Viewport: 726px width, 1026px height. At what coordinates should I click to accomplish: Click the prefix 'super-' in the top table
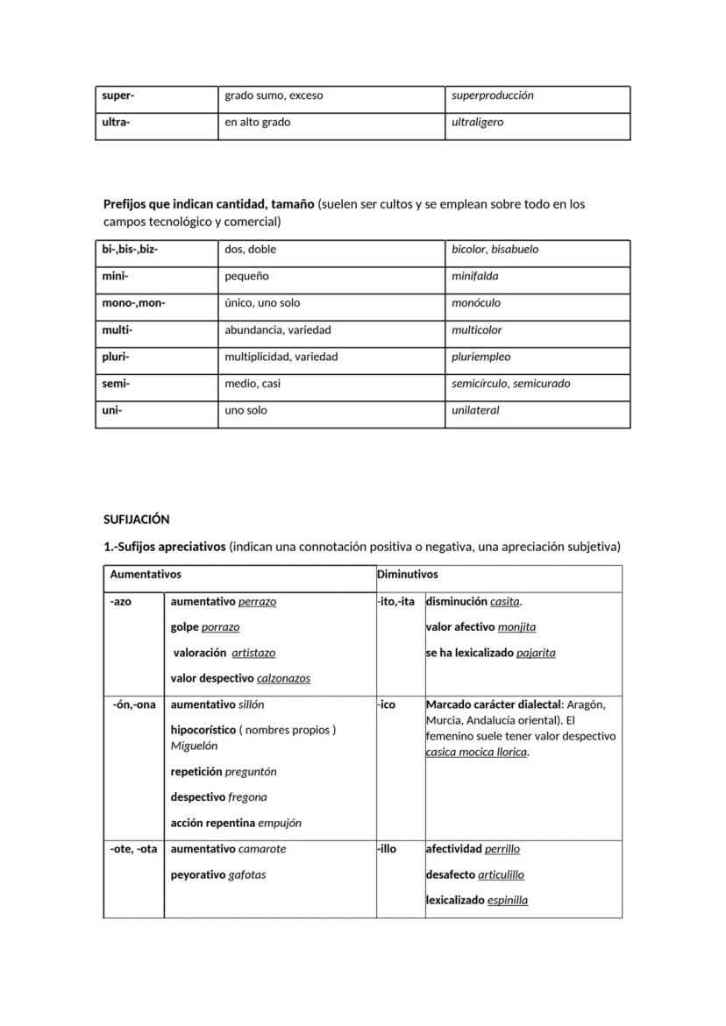tap(118, 96)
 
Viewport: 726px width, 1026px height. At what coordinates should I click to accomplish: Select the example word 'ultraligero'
tap(477, 123)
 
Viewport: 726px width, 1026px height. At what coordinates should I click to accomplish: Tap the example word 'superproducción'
tap(492, 96)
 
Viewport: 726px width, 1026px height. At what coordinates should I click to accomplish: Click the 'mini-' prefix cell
tap(115, 276)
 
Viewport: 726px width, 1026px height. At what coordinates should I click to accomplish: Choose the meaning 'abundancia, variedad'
tap(277, 330)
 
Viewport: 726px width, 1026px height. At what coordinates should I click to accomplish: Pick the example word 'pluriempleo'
tap(480, 357)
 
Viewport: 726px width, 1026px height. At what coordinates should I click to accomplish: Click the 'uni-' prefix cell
tap(112, 411)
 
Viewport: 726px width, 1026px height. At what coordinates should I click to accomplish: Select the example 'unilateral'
tap(475, 411)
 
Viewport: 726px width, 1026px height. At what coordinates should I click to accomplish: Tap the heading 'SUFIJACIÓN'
tap(136, 520)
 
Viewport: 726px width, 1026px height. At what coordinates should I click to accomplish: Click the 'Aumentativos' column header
tap(146, 575)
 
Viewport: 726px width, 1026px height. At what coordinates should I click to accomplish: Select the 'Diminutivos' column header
tap(407, 575)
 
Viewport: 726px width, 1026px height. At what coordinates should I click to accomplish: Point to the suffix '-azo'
tap(121, 602)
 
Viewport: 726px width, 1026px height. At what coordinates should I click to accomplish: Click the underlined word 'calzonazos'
tap(283, 678)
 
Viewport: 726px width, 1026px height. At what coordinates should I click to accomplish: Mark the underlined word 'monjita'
tap(516, 627)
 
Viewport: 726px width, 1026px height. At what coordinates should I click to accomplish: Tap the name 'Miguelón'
tap(194, 747)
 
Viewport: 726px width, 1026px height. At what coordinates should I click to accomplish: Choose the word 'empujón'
tap(280, 824)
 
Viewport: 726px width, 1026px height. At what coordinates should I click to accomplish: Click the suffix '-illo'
tap(387, 849)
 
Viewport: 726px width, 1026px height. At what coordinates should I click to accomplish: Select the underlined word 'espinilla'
tap(508, 901)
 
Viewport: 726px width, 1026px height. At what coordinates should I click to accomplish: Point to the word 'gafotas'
tap(247, 874)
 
